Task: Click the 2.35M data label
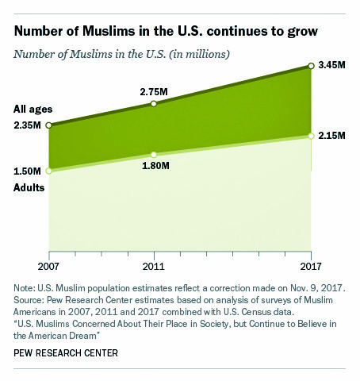click(28, 125)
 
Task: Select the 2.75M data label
click(152, 92)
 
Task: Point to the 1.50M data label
click(28, 171)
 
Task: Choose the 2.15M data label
click(332, 136)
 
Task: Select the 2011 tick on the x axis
click(154, 264)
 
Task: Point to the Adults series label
click(29, 187)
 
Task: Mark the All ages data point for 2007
click(48, 125)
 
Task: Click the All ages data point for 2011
click(154, 104)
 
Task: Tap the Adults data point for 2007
click(48, 170)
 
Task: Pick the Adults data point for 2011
click(154, 154)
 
